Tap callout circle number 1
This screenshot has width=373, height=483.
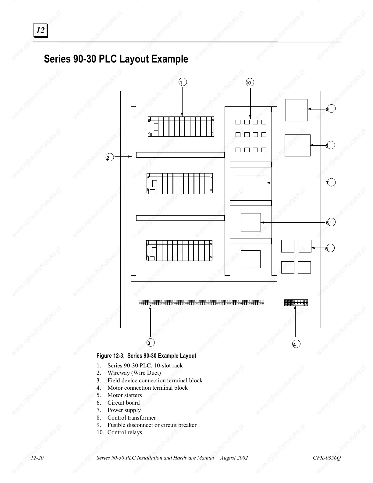183,82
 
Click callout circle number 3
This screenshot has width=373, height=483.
150,342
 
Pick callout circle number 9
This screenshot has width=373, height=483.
331,109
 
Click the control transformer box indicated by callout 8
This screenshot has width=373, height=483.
297,145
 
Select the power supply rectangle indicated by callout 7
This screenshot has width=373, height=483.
251,183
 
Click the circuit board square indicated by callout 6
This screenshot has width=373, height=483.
251,222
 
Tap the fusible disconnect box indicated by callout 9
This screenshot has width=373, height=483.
296,110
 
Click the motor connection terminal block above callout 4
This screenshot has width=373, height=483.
296,302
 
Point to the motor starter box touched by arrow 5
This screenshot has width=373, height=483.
305,246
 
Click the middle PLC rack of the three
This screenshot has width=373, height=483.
179,183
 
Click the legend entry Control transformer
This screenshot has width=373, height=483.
131,417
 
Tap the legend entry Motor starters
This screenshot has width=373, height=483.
124,395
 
